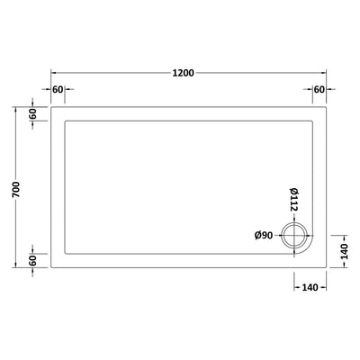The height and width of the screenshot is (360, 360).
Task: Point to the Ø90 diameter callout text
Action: pyautogui.click(x=264, y=236)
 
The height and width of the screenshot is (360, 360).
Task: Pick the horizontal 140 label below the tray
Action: pyautogui.click(x=310, y=287)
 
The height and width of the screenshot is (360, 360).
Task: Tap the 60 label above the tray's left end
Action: pyautogui.click(x=58, y=90)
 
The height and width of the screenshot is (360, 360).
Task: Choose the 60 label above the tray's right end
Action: pyautogui.click(x=319, y=90)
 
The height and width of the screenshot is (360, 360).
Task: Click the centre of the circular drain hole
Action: pyautogui.click(x=294, y=236)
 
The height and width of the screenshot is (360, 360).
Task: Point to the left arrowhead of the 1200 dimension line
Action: pyautogui.click(x=52, y=71)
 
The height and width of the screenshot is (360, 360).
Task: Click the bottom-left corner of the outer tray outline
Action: pyautogui.click(x=50, y=267)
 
